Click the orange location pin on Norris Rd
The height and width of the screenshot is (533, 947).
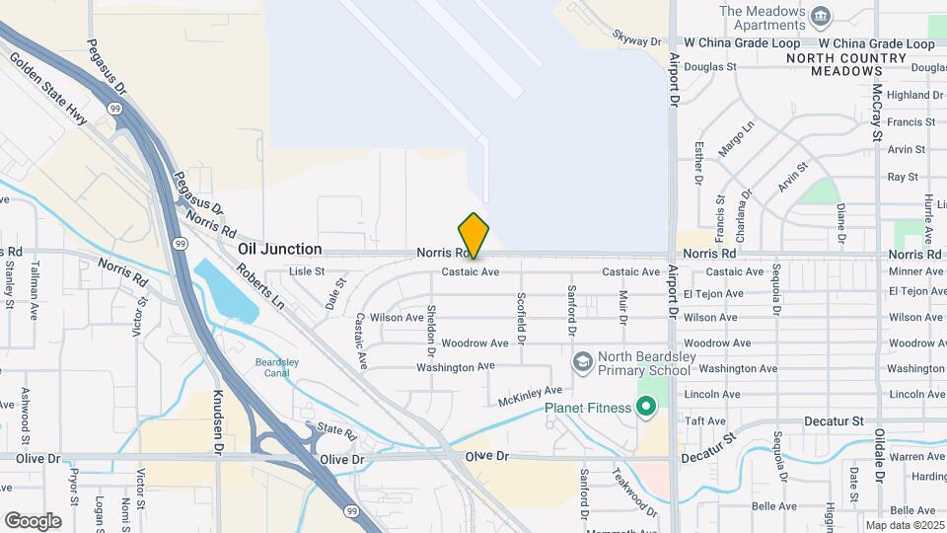(x=473, y=235)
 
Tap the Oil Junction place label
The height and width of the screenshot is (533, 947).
(x=279, y=249)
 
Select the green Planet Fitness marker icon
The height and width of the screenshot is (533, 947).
(x=646, y=407)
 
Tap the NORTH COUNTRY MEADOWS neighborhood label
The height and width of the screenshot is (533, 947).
(x=846, y=64)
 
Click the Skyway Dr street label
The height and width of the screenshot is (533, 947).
(x=636, y=41)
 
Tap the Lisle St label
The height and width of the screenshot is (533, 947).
(x=307, y=271)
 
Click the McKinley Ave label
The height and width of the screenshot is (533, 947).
(x=530, y=396)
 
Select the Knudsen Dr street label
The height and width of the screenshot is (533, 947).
(x=218, y=421)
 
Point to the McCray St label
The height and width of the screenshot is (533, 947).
(x=876, y=112)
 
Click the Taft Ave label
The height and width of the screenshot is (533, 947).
(x=705, y=420)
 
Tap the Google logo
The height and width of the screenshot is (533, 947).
(x=33, y=520)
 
